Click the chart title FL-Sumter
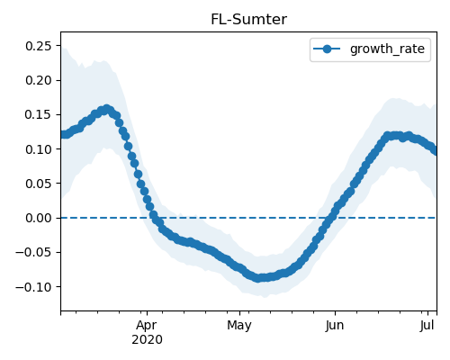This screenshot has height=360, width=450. point(248,20)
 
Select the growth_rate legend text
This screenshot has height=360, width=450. point(387,49)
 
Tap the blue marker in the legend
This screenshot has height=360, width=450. point(327,49)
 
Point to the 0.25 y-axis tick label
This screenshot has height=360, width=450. point(39,46)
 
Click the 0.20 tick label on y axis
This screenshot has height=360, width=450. point(39,80)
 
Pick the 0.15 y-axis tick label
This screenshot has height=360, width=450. point(39,114)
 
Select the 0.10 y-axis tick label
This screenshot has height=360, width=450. point(39,149)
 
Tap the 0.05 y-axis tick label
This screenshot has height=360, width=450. point(39,184)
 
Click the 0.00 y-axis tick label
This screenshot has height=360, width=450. point(39,218)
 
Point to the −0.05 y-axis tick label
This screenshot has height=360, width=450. point(33,252)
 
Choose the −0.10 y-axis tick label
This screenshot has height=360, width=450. point(33,286)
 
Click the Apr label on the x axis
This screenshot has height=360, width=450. point(147,326)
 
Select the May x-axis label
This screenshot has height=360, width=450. point(239,326)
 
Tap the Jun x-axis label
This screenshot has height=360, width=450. point(335,325)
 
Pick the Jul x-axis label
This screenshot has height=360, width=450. point(427,325)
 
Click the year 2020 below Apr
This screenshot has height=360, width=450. point(147,340)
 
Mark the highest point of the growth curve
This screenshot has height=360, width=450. point(107,109)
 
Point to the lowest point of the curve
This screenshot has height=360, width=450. point(258,278)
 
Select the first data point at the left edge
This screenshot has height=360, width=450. point(62,135)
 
